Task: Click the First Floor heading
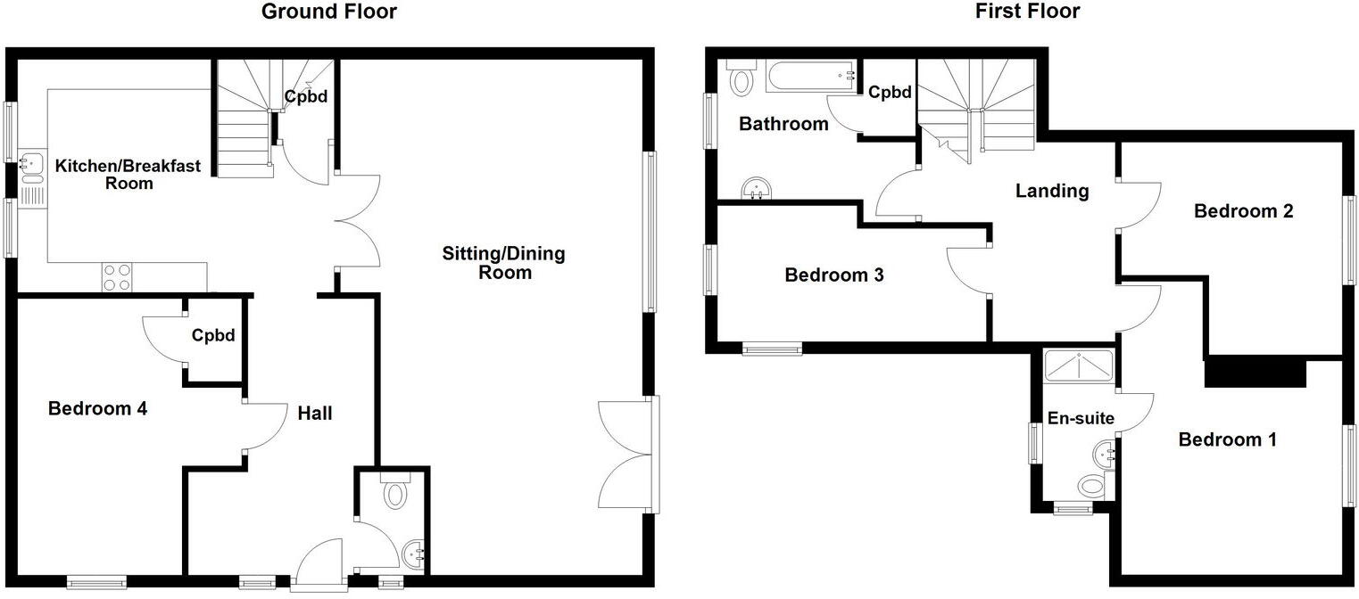[x=1028, y=12]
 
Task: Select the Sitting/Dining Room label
[x=503, y=263]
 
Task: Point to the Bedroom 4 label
[x=97, y=409]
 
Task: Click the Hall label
[x=314, y=413]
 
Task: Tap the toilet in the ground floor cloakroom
[x=394, y=492]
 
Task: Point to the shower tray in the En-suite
[x=1078, y=365]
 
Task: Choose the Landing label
[x=1052, y=191]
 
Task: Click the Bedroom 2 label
[x=1231, y=211]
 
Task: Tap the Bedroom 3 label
[x=833, y=275]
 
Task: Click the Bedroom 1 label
[x=1227, y=439]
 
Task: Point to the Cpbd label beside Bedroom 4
[x=213, y=336]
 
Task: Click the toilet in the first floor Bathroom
[x=741, y=79]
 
